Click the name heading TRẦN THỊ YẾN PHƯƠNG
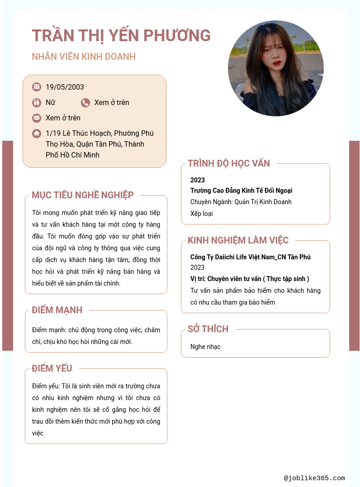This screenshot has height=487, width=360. (121, 35)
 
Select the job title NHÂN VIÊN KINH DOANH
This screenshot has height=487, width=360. (84, 57)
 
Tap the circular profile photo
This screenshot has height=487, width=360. (275, 68)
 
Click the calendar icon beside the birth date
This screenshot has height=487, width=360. (37, 87)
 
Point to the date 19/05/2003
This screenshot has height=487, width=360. (65, 87)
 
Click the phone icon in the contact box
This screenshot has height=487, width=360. (85, 103)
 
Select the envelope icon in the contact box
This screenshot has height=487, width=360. (37, 118)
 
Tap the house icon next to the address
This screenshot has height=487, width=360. (37, 134)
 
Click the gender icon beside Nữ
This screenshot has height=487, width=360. (37, 103)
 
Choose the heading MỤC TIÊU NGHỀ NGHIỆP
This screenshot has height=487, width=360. (83, 195)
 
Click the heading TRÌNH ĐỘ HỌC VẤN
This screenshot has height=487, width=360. (229, 163)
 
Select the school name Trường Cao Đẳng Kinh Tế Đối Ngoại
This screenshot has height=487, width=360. (241, 191)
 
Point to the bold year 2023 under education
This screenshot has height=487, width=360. (198, 180)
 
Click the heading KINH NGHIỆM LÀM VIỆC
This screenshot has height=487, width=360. (238, 240)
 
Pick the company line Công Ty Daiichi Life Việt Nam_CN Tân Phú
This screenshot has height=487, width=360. (250, 257)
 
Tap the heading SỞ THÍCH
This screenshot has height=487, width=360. (208, 329)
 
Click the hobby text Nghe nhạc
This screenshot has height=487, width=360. (205, 347)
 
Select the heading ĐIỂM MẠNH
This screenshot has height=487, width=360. (57, 310)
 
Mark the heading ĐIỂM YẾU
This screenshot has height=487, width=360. (52, 368)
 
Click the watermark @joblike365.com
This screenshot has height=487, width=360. (314, 478)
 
